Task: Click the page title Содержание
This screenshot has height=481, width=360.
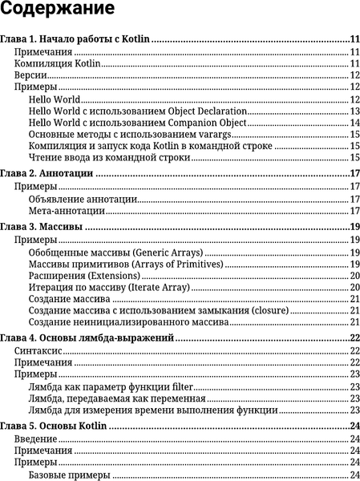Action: [57, 12]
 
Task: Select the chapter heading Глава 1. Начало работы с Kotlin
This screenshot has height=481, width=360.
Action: [77, 38]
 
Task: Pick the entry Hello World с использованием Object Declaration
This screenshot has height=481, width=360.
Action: [136, 111]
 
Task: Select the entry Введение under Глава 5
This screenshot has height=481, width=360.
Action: [36, 439]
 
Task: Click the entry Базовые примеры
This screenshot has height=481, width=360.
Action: [69, 475]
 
